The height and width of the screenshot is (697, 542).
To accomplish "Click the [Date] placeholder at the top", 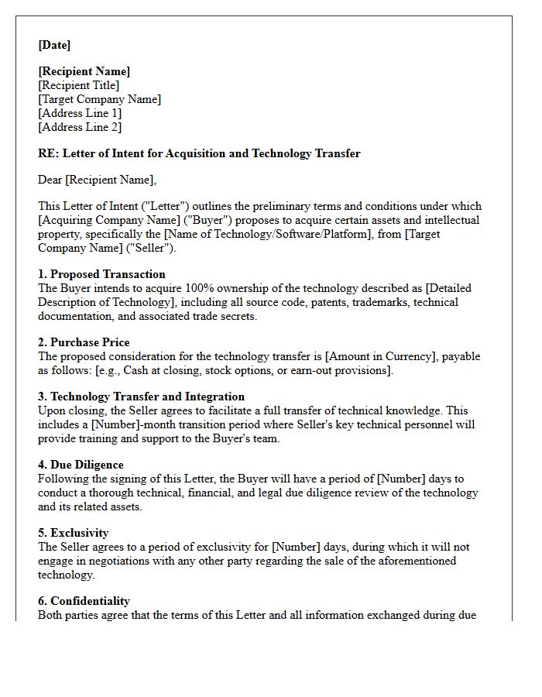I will tap(54, 45).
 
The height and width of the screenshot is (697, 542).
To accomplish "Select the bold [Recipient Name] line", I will tap(84, 71).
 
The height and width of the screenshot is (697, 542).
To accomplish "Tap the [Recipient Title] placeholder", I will tap(79, 85).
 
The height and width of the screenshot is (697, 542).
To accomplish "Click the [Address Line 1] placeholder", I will tap(80, 113).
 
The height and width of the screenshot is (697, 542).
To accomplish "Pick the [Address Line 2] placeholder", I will tap(80, 127).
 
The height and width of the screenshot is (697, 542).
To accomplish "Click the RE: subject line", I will tap(199, 153).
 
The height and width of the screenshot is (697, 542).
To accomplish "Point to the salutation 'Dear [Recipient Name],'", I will tap(97, 180).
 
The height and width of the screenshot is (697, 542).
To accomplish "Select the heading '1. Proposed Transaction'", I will tap(101, 274).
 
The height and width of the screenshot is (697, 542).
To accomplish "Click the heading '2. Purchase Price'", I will tap(84, 342).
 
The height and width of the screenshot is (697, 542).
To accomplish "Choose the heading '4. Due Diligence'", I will tap(81, 465).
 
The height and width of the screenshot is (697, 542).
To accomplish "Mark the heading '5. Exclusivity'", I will tap(74, 533).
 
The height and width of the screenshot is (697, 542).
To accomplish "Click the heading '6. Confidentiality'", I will tap(84, 601).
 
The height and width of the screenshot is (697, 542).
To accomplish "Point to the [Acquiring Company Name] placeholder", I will tap(105, 220).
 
